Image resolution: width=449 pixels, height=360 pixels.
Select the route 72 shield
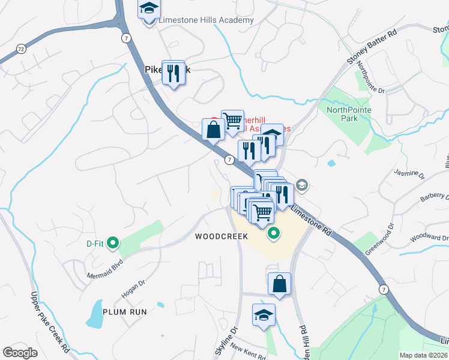click(x=21, y=48)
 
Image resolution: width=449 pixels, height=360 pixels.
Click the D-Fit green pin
click(x=112, y=244)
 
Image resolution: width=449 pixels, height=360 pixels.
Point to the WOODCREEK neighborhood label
click(x=221, y=236)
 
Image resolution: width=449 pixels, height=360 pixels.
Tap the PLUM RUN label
click(x=125, y=312)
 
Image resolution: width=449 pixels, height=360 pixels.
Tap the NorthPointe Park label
click(x=349, y=114)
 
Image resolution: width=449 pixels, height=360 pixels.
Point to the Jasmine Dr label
click(x=410, y=175)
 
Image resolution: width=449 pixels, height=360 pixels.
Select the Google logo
click(x=20, y=353)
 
